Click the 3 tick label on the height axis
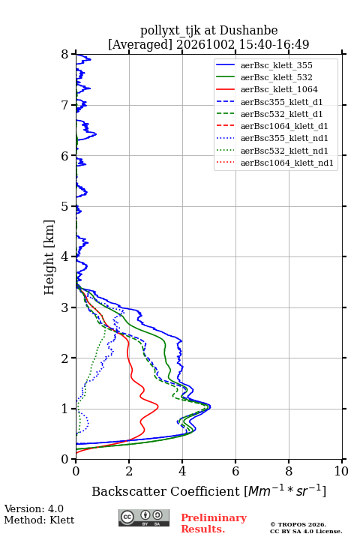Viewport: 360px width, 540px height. click(65, 307)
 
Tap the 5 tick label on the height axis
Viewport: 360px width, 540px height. click(65, 207)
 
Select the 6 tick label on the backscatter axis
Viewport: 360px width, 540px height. click(235, 471)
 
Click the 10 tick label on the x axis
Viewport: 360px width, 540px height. click(341, 471)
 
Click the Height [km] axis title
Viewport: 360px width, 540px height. click(49, 257)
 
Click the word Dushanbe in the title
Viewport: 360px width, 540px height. click(249, 31)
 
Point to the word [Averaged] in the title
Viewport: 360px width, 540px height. click(140, 44)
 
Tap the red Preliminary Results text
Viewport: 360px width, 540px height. click(214, 523)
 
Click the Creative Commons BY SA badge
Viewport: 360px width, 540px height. click(144, 518)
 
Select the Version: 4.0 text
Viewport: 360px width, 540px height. click(34, 508)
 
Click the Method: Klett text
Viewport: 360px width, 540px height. click(39, 520)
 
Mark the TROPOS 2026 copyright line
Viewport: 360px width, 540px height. click(298, 524)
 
